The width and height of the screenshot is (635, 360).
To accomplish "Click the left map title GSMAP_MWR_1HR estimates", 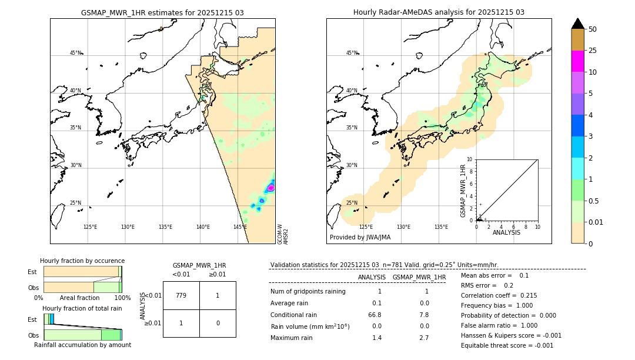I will pyautogui.click(x=162, y=12).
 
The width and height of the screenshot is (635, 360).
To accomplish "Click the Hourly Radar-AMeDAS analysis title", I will pyautogui.click(x=439, y=12).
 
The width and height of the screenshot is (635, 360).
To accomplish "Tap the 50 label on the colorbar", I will pyautogui.click(x=593, y=29).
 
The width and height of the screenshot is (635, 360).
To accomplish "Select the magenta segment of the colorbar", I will pyautogui.click(x=577, y=62).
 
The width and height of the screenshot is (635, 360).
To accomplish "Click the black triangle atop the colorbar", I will pyautogui.click(x=577, y=24).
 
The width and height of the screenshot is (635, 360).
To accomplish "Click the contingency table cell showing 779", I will pyautogui.click(x=181, y=295).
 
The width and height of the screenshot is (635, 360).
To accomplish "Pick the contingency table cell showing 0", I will pyautogui.click(x=218, y=323).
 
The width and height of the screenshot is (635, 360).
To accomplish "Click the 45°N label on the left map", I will pyautogui.click(x=76, y=53).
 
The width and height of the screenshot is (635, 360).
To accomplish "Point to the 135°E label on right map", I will pyautogui.click(x=441, y=227).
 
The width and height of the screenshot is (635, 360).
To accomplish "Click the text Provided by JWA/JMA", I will pyautogui.click(x=360, y=238).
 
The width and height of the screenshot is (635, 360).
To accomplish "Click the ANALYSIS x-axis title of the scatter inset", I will pyautogui.click(x=506, y=232).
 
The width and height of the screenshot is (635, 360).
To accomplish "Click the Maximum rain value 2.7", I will pyautogui.click(x=423, y=338).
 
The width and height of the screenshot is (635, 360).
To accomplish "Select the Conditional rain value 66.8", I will pyautogui.click(x=375, y=315).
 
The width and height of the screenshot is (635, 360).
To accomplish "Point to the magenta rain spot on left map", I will pyautogui.click(x=270, y=188).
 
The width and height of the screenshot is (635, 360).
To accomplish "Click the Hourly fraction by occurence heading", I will pyautogui.click(x=82, y=261).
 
